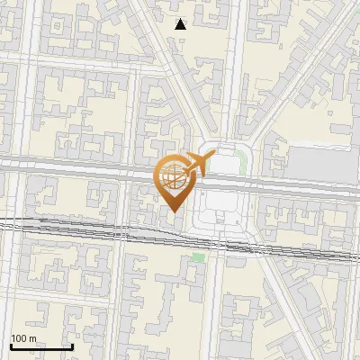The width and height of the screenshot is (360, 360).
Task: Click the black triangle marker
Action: (180, 24)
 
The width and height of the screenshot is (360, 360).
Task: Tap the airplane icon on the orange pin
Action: (197, 164)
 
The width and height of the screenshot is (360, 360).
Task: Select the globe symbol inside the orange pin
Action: (172, 176)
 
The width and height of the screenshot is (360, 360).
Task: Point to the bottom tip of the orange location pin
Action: (173, 212)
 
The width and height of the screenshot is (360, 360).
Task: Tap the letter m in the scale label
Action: (33, 338)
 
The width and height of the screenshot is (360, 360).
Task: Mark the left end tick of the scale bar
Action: (11, 346)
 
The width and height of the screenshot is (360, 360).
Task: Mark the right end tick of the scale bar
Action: (72, 346)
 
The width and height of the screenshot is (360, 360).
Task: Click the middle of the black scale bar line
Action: (41, 347)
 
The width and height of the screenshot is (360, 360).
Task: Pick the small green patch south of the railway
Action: (198, 257)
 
